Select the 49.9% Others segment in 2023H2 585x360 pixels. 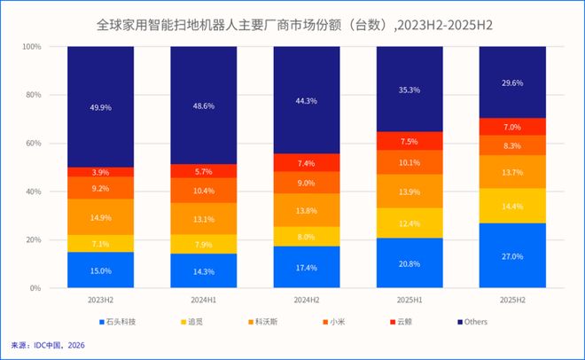[100, 107]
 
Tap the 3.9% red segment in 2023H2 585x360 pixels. [100, 172]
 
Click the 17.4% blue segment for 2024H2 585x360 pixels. [307, 267]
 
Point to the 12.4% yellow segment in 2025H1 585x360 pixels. [409, 223]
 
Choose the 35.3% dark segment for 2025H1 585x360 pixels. [409, 90]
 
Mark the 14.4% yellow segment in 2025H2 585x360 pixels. [512, 206]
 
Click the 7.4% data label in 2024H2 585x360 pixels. [307, 163]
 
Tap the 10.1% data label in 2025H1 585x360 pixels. [409, 162]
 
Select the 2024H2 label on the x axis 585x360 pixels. [307, 299]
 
